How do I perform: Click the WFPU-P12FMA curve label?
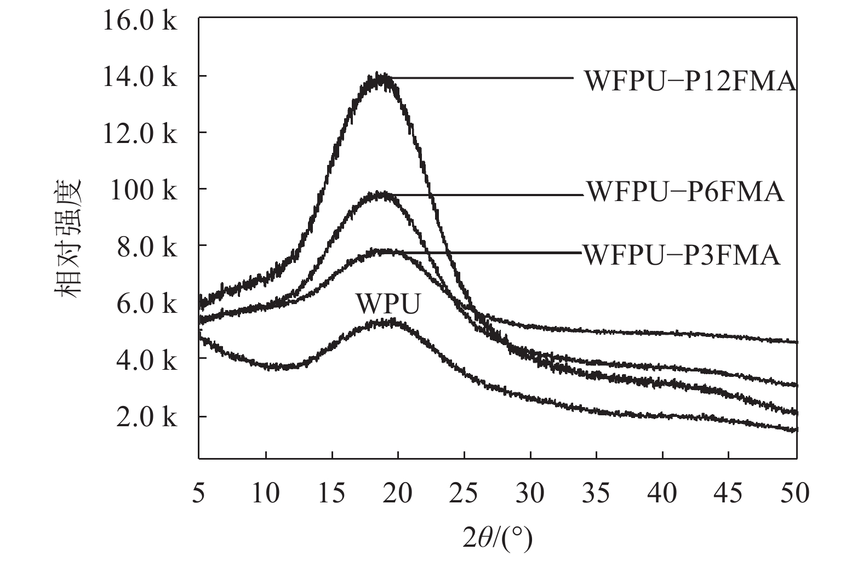coord(690,81)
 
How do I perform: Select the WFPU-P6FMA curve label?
coord(685,192)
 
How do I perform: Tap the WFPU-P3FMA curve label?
coord(681,255)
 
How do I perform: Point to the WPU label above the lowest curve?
coord(388,304)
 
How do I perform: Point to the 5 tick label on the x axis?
coord(199,493)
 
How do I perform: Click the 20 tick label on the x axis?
coord(398,493)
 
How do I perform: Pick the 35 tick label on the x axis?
coord(597,493)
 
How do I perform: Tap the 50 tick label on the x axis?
coord(796,493)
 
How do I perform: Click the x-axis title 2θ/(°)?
coord(497,539)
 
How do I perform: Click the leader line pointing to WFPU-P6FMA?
coord(488,194)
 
